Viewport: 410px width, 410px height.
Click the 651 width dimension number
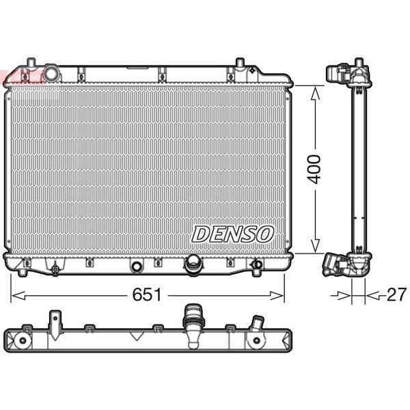[x=147, y=295]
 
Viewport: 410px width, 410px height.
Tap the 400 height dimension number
[x=314, y=169]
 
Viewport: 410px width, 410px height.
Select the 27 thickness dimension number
[x=396, y=295]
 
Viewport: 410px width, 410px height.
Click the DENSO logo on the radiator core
[x=232, y=234]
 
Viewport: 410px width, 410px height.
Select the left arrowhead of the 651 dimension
[x=18, y=296]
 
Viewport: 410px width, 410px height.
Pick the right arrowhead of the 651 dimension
[x=276, y=296]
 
